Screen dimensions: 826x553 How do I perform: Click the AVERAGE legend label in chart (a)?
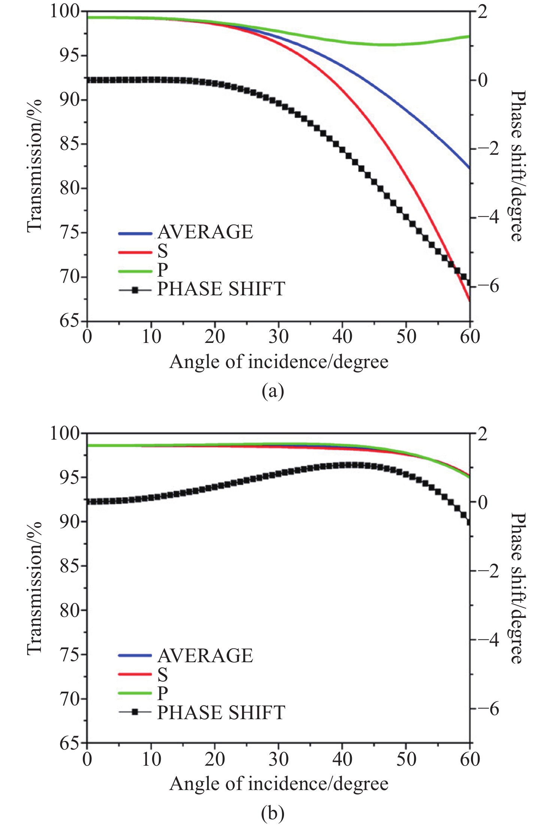click(205, 232)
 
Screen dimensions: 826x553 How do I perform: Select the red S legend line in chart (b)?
click(135, 674)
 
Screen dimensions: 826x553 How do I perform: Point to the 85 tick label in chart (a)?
click(70, 144)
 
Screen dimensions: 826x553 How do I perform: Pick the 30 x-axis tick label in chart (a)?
click(278, 337)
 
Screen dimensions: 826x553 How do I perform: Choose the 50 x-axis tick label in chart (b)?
click(406, 759)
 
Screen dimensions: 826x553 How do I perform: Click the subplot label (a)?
click(273, 391)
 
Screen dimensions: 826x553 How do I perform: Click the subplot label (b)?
click(273, 813)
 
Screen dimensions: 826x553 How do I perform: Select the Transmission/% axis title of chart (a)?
click(34, 165)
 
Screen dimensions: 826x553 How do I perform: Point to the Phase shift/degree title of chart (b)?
click(518, 588)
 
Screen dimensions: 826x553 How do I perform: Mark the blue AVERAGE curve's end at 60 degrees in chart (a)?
click(469, 168)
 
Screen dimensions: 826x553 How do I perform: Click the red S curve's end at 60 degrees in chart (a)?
click(469, 300)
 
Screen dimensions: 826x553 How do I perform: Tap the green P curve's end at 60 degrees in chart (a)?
click(468, 36)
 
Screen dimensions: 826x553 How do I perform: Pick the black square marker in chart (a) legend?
click(135, 290)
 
